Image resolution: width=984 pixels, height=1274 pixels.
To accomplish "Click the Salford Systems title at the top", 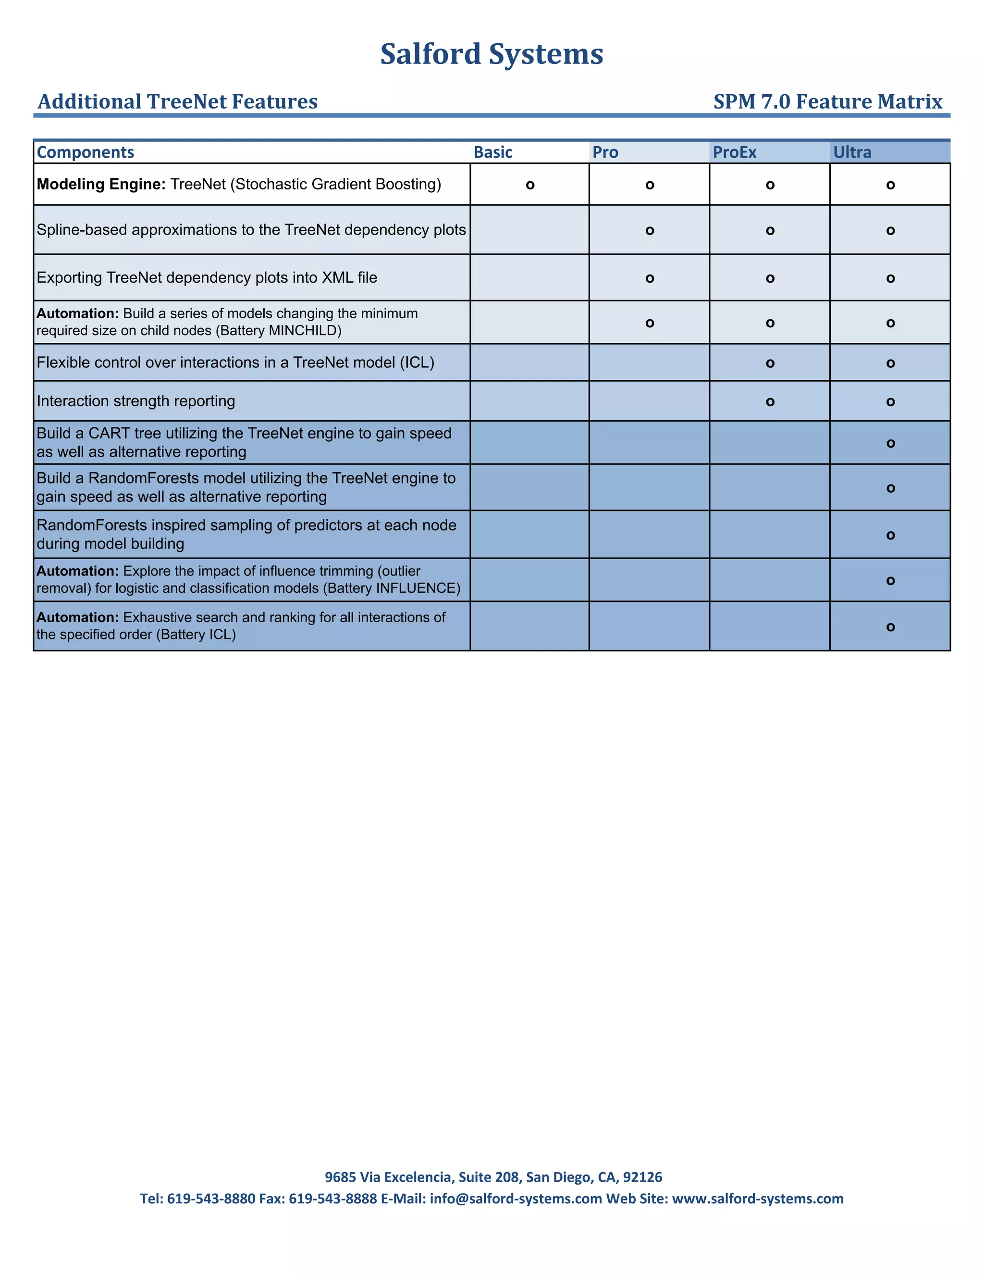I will point(492,54).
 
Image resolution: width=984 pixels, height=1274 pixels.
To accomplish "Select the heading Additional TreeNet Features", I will point(178,101).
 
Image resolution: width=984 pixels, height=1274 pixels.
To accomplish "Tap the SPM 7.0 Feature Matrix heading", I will point(827,101).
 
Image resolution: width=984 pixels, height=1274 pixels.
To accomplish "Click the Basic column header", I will point(492,152).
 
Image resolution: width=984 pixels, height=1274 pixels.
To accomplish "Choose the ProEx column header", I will point(734,152).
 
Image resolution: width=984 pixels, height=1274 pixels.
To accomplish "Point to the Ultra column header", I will point(852,152).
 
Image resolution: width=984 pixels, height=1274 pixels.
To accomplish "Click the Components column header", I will point(85,152).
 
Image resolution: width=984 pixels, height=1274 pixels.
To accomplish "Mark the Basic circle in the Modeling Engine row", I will point(530,186).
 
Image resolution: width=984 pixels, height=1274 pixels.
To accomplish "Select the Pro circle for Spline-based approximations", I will point(650,231).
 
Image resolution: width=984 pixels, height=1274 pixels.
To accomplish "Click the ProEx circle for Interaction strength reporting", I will point(770,402).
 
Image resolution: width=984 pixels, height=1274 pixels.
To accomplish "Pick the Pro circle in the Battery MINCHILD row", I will point(650,323).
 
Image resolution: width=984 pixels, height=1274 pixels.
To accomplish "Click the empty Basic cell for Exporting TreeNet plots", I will point(529,278).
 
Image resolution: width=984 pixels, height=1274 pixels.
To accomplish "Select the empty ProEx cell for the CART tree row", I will point(770,443).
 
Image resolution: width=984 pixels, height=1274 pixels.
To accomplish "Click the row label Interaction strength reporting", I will point(136,401).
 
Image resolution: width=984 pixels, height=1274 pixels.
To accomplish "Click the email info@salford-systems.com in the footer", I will point(516,1199).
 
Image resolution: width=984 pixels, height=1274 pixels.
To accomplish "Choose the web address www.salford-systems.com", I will point(757,1199).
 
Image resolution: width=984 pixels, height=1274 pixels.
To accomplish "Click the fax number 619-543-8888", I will point(333,1199).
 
